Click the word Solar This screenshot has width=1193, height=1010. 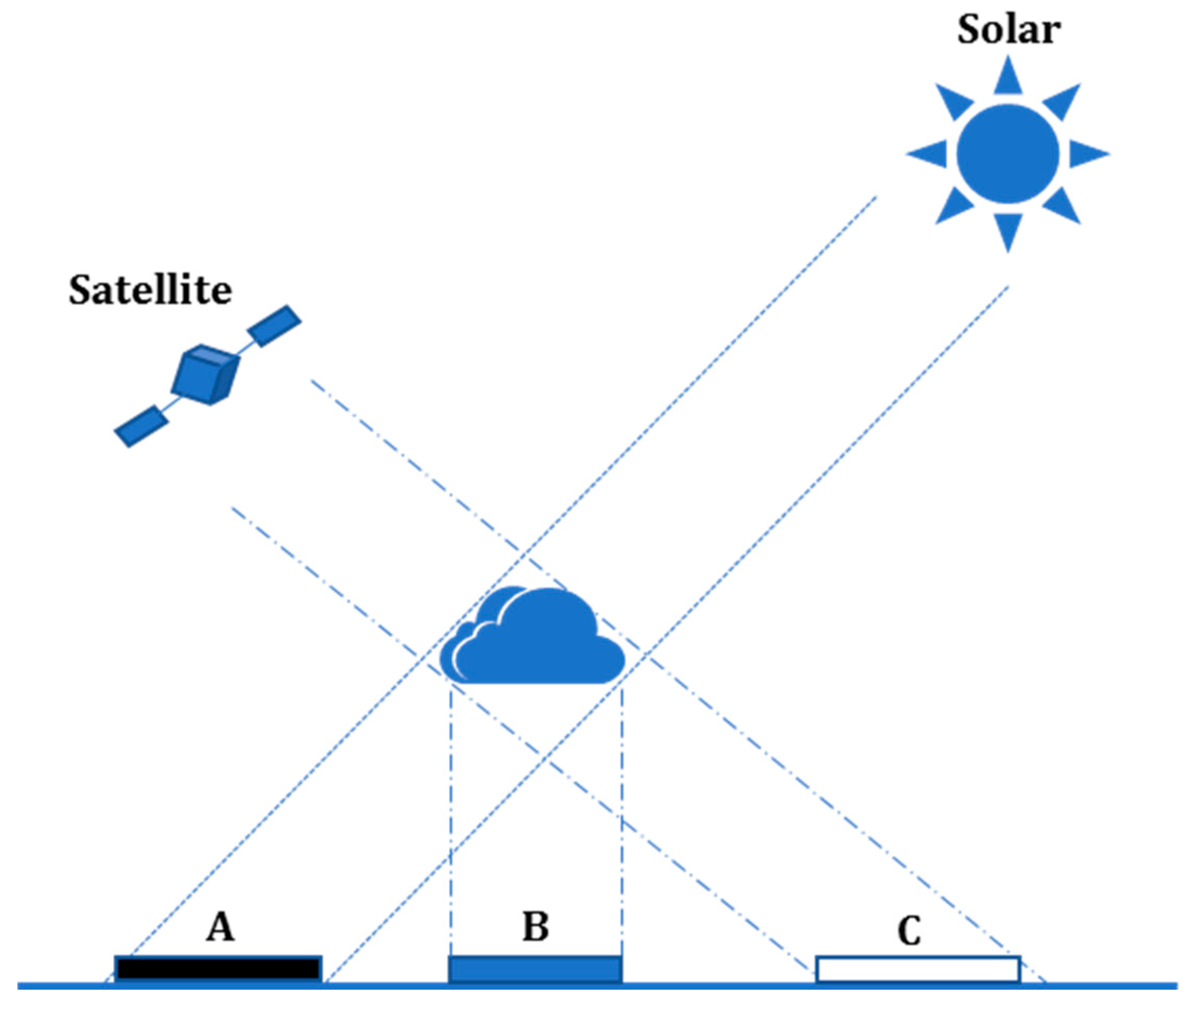[x=1008, y=30]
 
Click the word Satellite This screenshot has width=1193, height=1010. [x=150, y=290]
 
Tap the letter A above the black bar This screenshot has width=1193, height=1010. [x=221, y=927]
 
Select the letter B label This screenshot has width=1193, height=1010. [x=535, y=927]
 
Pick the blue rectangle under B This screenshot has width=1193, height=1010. [x=535, y=968]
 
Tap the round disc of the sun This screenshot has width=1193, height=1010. [x=1007, y=153]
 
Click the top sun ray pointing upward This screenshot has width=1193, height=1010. [x=1008, y=77]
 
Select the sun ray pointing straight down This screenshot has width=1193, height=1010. [x=1007, y=230]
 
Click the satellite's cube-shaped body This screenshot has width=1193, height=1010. [x=204, y=375]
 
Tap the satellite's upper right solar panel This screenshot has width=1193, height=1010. [x=274, y=326]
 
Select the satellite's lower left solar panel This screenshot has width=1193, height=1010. [x=141, y=426]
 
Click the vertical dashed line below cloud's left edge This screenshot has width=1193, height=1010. [x=451, y=802]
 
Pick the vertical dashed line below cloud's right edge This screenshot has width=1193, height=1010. [x=622, y=802]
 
